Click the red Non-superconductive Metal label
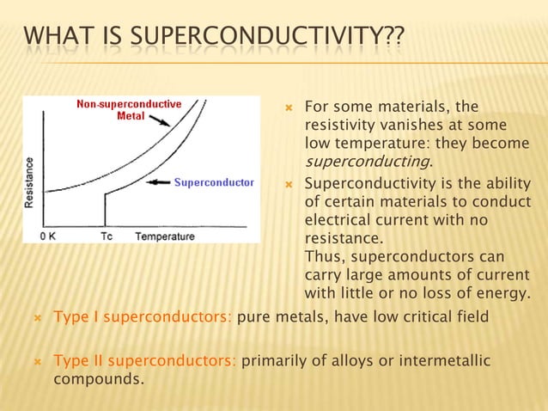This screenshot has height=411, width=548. coord(129,110)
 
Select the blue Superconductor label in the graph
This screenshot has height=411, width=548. coord(214,182)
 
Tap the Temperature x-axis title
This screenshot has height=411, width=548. coord(165,236)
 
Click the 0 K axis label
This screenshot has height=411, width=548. coord(51,236)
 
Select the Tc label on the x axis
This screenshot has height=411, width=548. coord(107,236)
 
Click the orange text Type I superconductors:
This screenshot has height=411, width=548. coord(143,317)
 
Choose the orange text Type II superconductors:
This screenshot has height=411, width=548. coord(145,360)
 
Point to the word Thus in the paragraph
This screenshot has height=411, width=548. coord(322,258)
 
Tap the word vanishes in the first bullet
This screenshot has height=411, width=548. coord(387,126)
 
